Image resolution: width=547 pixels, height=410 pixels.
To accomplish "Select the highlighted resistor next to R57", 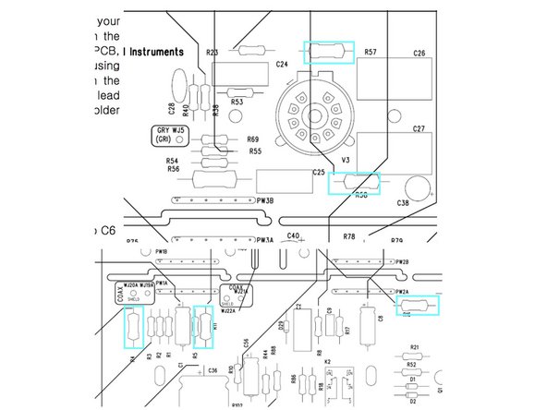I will (328, 53).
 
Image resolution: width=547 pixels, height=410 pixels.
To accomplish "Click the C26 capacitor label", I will (419, 54).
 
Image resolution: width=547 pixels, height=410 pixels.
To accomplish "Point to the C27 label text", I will (419, 128).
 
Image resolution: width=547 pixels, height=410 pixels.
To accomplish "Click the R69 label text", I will (253, 139).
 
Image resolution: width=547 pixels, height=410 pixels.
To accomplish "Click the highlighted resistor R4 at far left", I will (132, 327).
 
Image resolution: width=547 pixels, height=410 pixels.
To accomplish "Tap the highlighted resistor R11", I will (201, 326).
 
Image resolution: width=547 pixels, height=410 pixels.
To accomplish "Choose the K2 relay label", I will (327, 361).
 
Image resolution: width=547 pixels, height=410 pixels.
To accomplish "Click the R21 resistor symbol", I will (415, 356).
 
